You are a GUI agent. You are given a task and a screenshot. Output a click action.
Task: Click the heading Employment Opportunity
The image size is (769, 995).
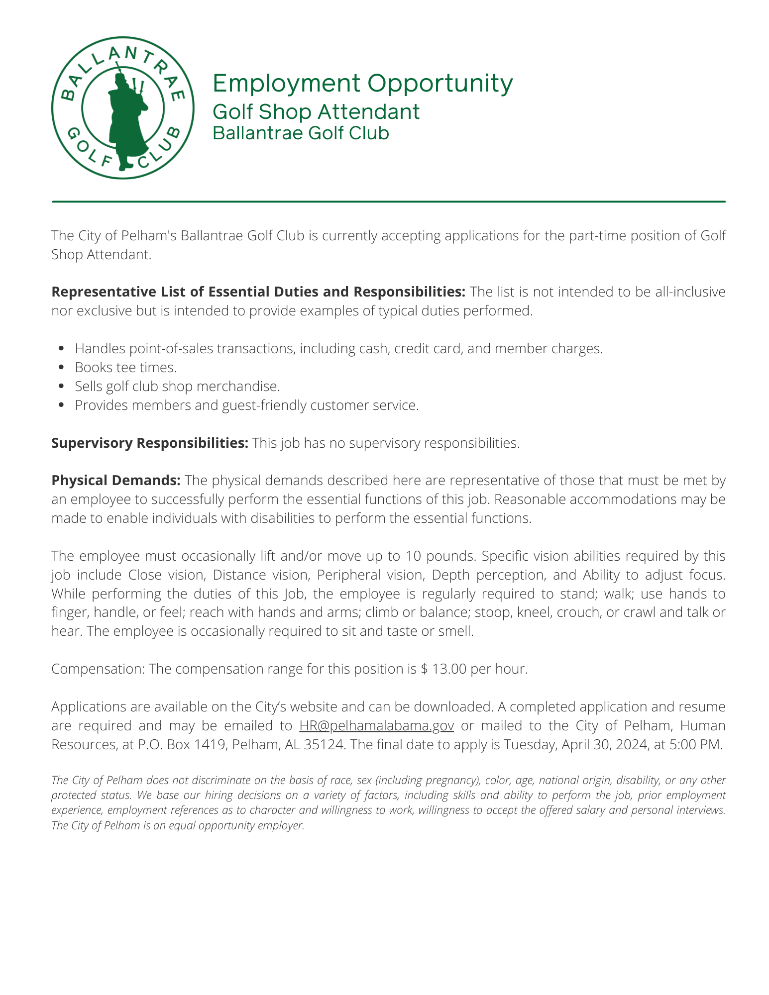click(362, 83)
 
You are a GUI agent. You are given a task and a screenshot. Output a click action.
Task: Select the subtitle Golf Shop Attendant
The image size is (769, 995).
click(316, 111)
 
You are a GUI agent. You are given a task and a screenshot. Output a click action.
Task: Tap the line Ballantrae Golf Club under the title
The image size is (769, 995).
click(301, 133)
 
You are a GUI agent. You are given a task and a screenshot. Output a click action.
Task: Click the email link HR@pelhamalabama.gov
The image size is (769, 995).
click(376, 726)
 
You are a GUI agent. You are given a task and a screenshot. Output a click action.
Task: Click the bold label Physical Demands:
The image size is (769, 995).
click(116, 481)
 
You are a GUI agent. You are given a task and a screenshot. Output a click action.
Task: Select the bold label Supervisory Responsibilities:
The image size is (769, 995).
click(150, 443)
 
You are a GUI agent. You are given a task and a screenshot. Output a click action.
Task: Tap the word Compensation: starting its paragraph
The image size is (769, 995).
click(98, 669)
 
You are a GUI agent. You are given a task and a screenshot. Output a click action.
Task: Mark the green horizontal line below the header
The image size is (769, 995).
click(388, 202)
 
